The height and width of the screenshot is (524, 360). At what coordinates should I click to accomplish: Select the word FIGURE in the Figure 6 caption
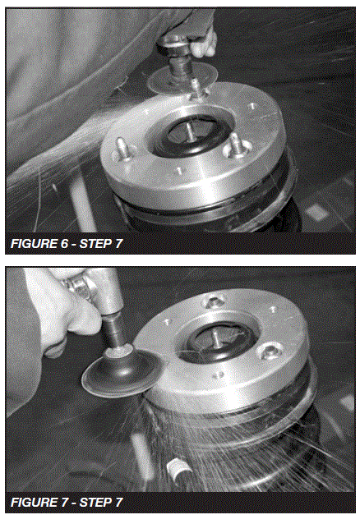[33, 244]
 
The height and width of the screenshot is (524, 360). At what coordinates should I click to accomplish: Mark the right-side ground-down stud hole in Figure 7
[267, 354]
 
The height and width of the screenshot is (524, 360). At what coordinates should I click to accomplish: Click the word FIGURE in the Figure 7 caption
[33, 501]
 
